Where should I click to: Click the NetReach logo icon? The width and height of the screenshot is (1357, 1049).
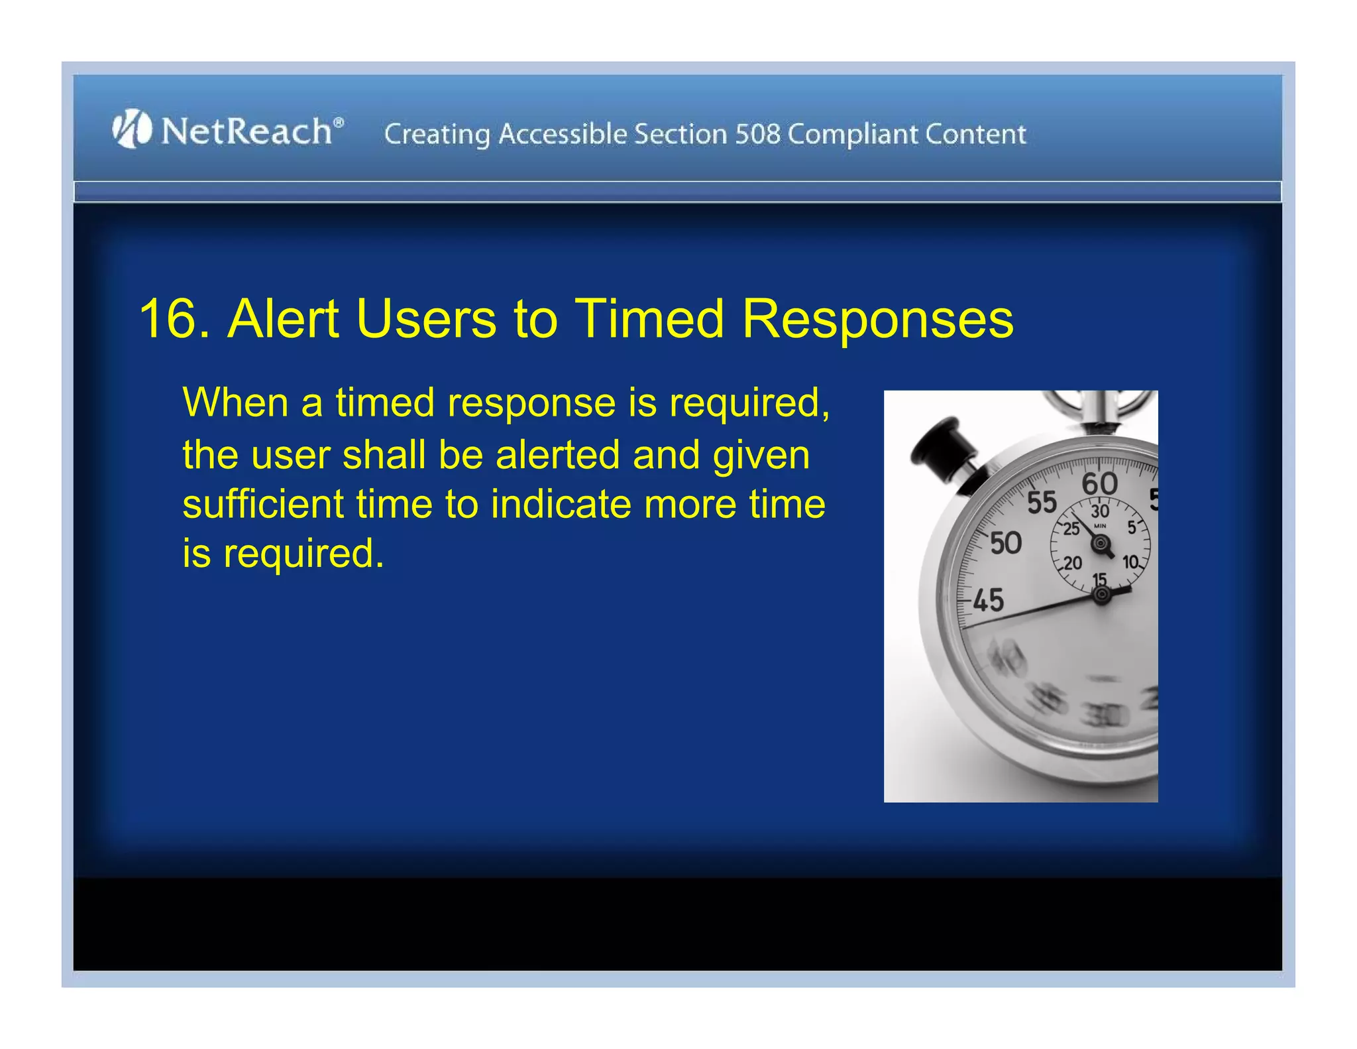[132, 129]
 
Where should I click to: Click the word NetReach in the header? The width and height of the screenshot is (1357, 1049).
[246, 131]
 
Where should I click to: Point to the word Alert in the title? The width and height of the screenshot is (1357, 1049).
[284, 319]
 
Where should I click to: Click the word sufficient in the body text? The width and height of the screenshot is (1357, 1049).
[262, 504]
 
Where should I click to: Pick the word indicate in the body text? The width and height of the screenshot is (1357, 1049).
[561, 504]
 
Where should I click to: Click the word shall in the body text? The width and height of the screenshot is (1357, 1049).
[384, 456]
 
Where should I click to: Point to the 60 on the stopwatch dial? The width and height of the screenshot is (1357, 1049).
[1099, 484]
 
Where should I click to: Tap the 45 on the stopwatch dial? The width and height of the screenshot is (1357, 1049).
[988, 601]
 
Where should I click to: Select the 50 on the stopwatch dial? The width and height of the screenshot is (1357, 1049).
[1005, 544]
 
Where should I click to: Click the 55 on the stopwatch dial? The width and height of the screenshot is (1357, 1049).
[1042, 503]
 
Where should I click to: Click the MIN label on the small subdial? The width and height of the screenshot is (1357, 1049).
[1100, 526]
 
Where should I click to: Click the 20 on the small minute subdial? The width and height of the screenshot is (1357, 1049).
[1072, 564]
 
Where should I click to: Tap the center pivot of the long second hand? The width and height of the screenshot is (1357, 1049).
[1101, 595]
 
